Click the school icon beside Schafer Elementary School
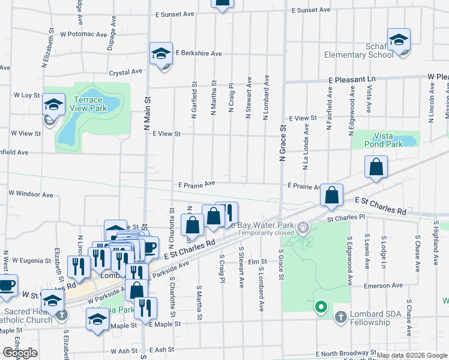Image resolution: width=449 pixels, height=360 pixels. pos(399,40)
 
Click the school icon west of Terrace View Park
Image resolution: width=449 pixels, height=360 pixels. pos(53,106)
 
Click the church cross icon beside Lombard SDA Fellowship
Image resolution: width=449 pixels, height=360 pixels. pos(340,316)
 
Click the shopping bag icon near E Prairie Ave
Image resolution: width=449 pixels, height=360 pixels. pos(331,196)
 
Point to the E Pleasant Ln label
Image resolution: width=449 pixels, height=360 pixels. pos(351,79)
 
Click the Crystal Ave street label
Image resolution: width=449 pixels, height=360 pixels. pos(125,72)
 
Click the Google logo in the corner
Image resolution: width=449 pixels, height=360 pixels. pos(20,353)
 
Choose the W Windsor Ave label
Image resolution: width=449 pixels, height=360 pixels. pos(31,194)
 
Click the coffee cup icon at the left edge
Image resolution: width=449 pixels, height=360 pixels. pos(7,286)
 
